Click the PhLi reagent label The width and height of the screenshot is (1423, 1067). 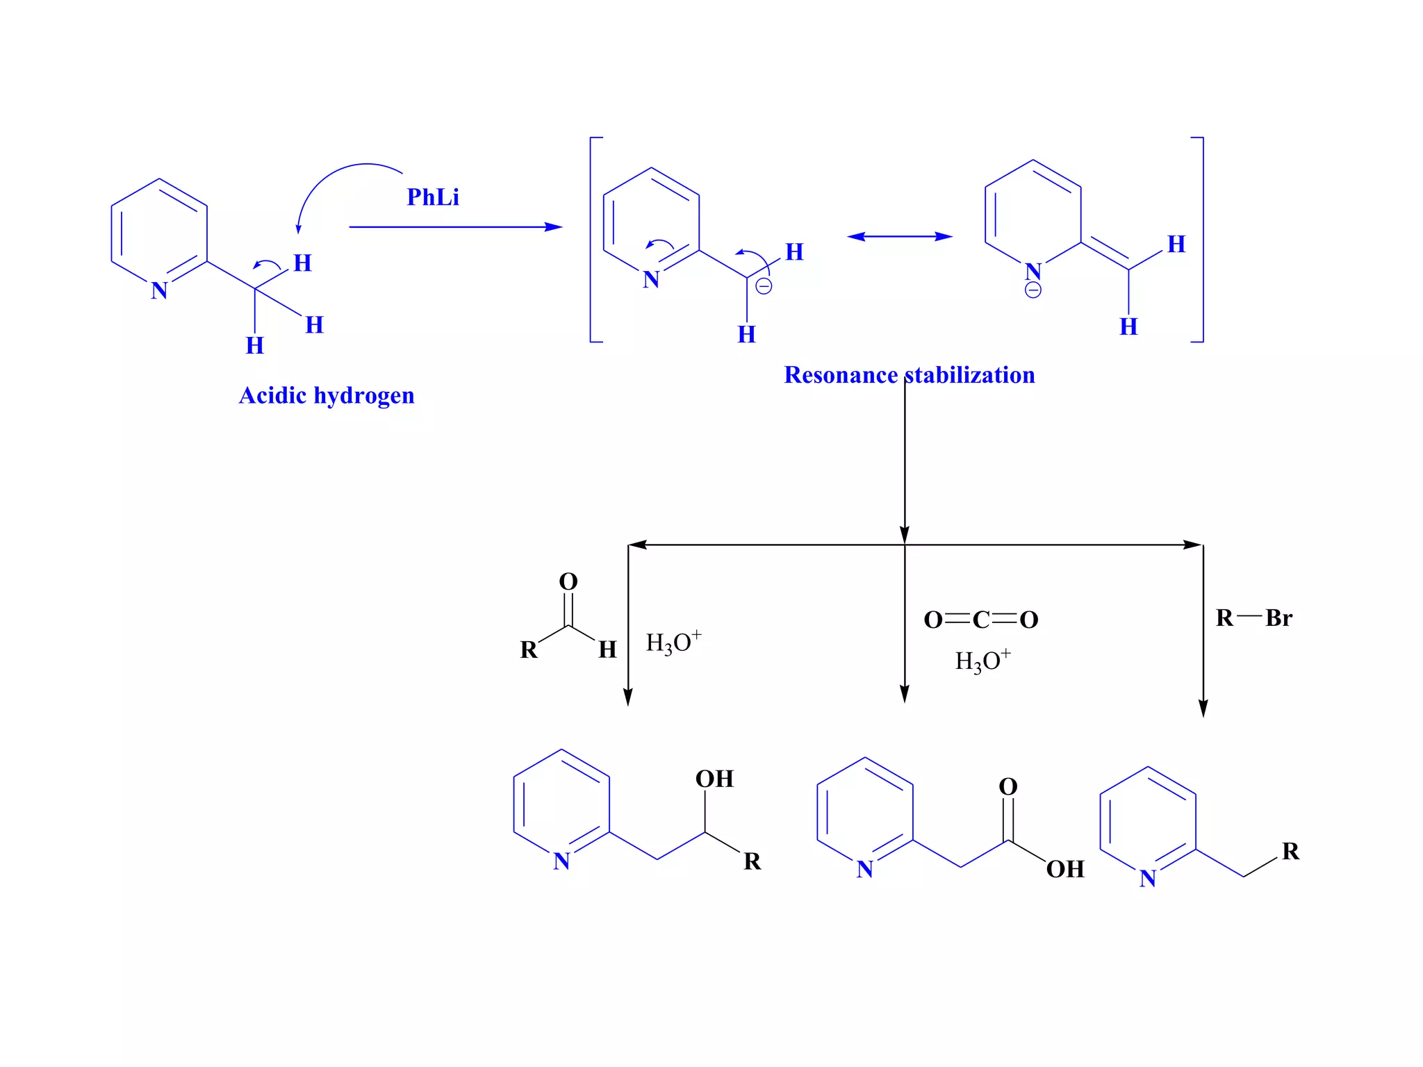tap(432, 197)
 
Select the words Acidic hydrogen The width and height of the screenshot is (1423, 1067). tap(327, 395)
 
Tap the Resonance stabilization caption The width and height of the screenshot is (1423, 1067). tap(909, 375)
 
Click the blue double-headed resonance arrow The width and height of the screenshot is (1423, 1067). tap(899, 236)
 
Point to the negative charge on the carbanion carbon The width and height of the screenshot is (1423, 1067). tap(764, 286)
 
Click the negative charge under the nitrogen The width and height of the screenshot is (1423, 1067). tap(1033, 290)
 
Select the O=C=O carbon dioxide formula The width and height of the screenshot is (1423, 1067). tap(980, 620)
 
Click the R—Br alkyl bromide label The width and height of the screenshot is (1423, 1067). tap(1253, 618)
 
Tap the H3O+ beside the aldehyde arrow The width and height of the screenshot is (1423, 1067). tap(673, 643)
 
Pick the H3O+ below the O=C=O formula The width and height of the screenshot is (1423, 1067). tap(982, 661)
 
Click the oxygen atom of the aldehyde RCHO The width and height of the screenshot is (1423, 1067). tap(568, 581)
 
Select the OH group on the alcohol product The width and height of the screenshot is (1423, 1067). tap(714, 779)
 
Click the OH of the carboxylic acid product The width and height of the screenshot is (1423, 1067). tap(1064, 869)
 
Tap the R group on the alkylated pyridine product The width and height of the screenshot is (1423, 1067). tap(1290, 851)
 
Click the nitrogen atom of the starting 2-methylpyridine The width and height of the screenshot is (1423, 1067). tap(159, 290)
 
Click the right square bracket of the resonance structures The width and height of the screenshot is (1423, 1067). tap(1200, 240)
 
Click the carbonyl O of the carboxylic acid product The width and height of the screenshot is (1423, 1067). tap(1007, 786)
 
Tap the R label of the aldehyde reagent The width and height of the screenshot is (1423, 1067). tap(528, 650)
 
